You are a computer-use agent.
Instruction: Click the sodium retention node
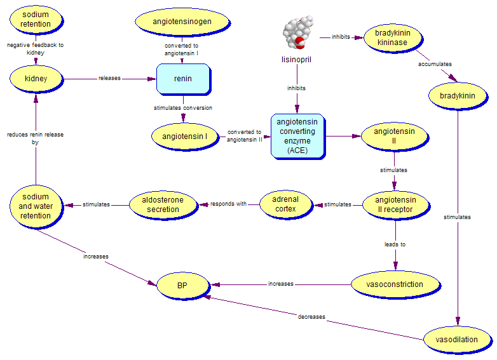(36, 20)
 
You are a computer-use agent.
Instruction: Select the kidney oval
(36, 79)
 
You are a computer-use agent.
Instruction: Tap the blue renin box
(183, 79)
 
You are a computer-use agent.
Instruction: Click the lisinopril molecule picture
(296, 34)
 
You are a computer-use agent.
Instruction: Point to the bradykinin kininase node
(391, 38)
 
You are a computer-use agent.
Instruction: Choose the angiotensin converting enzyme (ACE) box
(297, 136)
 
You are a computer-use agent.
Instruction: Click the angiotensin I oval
(184, 136)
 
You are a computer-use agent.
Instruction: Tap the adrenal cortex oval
(286, 204)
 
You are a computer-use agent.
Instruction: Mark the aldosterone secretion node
(163, 204)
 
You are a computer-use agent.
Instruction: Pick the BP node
(182, 285)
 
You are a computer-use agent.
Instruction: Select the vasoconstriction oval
(395, 284)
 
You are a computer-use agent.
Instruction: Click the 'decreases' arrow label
(311, 317)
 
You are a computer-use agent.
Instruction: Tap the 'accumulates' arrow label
(435, 64)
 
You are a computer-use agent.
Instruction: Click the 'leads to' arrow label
(395, 244)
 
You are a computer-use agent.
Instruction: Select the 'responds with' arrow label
(228, 204)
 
